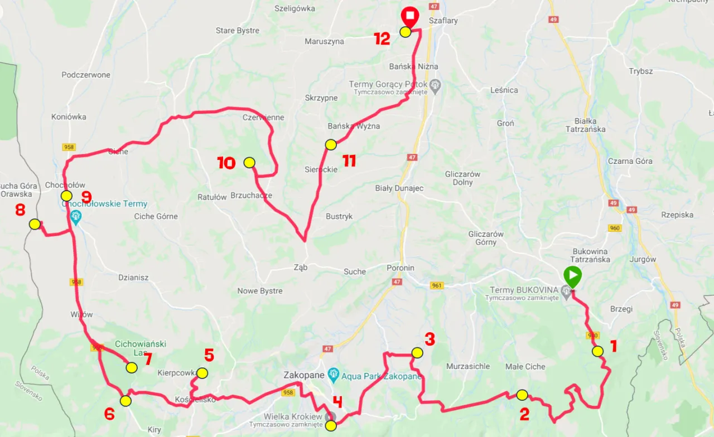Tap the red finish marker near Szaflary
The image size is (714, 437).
coord(410,17)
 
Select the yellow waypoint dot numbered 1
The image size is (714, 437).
coord(597,351)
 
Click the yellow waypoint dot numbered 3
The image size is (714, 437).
coord(417,352)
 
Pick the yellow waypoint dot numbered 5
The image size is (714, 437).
coord(202,373)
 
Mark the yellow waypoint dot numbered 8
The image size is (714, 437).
coord(35,224)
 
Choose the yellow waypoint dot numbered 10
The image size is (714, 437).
coord(249,163)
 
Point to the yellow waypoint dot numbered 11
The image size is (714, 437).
coord(331,145)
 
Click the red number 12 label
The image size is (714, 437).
coord(382,39)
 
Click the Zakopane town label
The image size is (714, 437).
coord(304,375)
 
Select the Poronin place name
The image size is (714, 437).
coord(401,268)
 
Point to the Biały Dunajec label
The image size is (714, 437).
coord(399,188)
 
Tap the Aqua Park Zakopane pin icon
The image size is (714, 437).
coord(334,374)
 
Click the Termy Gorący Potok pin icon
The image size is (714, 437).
coord(436,86)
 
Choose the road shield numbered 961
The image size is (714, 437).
coord(437,285)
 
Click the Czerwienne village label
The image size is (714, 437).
coord(263,118)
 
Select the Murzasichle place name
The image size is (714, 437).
coord(468,366)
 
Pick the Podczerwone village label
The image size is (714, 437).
coord(86,75)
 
